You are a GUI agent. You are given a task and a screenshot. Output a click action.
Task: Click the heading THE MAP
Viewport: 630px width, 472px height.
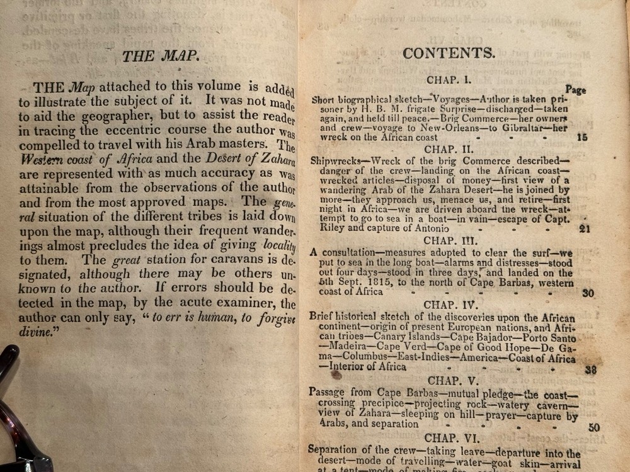161,56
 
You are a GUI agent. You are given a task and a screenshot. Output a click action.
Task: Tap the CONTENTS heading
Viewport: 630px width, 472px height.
449,53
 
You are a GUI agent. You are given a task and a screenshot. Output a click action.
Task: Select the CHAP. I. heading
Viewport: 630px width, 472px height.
449,81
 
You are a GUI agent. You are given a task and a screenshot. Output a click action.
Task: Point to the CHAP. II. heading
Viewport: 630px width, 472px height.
449,149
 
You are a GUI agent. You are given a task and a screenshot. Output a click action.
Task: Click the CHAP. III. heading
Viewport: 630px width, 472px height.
449,240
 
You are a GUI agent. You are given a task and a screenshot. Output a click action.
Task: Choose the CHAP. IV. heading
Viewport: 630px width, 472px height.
449,305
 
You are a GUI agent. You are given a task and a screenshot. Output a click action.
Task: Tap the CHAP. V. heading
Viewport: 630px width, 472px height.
453,380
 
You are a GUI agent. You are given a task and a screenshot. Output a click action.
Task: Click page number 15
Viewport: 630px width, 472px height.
582,137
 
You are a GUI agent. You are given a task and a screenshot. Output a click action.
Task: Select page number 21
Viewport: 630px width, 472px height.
584,228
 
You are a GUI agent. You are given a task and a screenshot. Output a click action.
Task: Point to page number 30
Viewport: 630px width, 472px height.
587,293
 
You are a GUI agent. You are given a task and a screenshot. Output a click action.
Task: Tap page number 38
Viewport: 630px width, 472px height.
590,369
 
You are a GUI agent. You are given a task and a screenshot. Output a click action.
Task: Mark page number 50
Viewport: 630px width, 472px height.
593,427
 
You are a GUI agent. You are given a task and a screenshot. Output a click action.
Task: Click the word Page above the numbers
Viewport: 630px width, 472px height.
575,90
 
